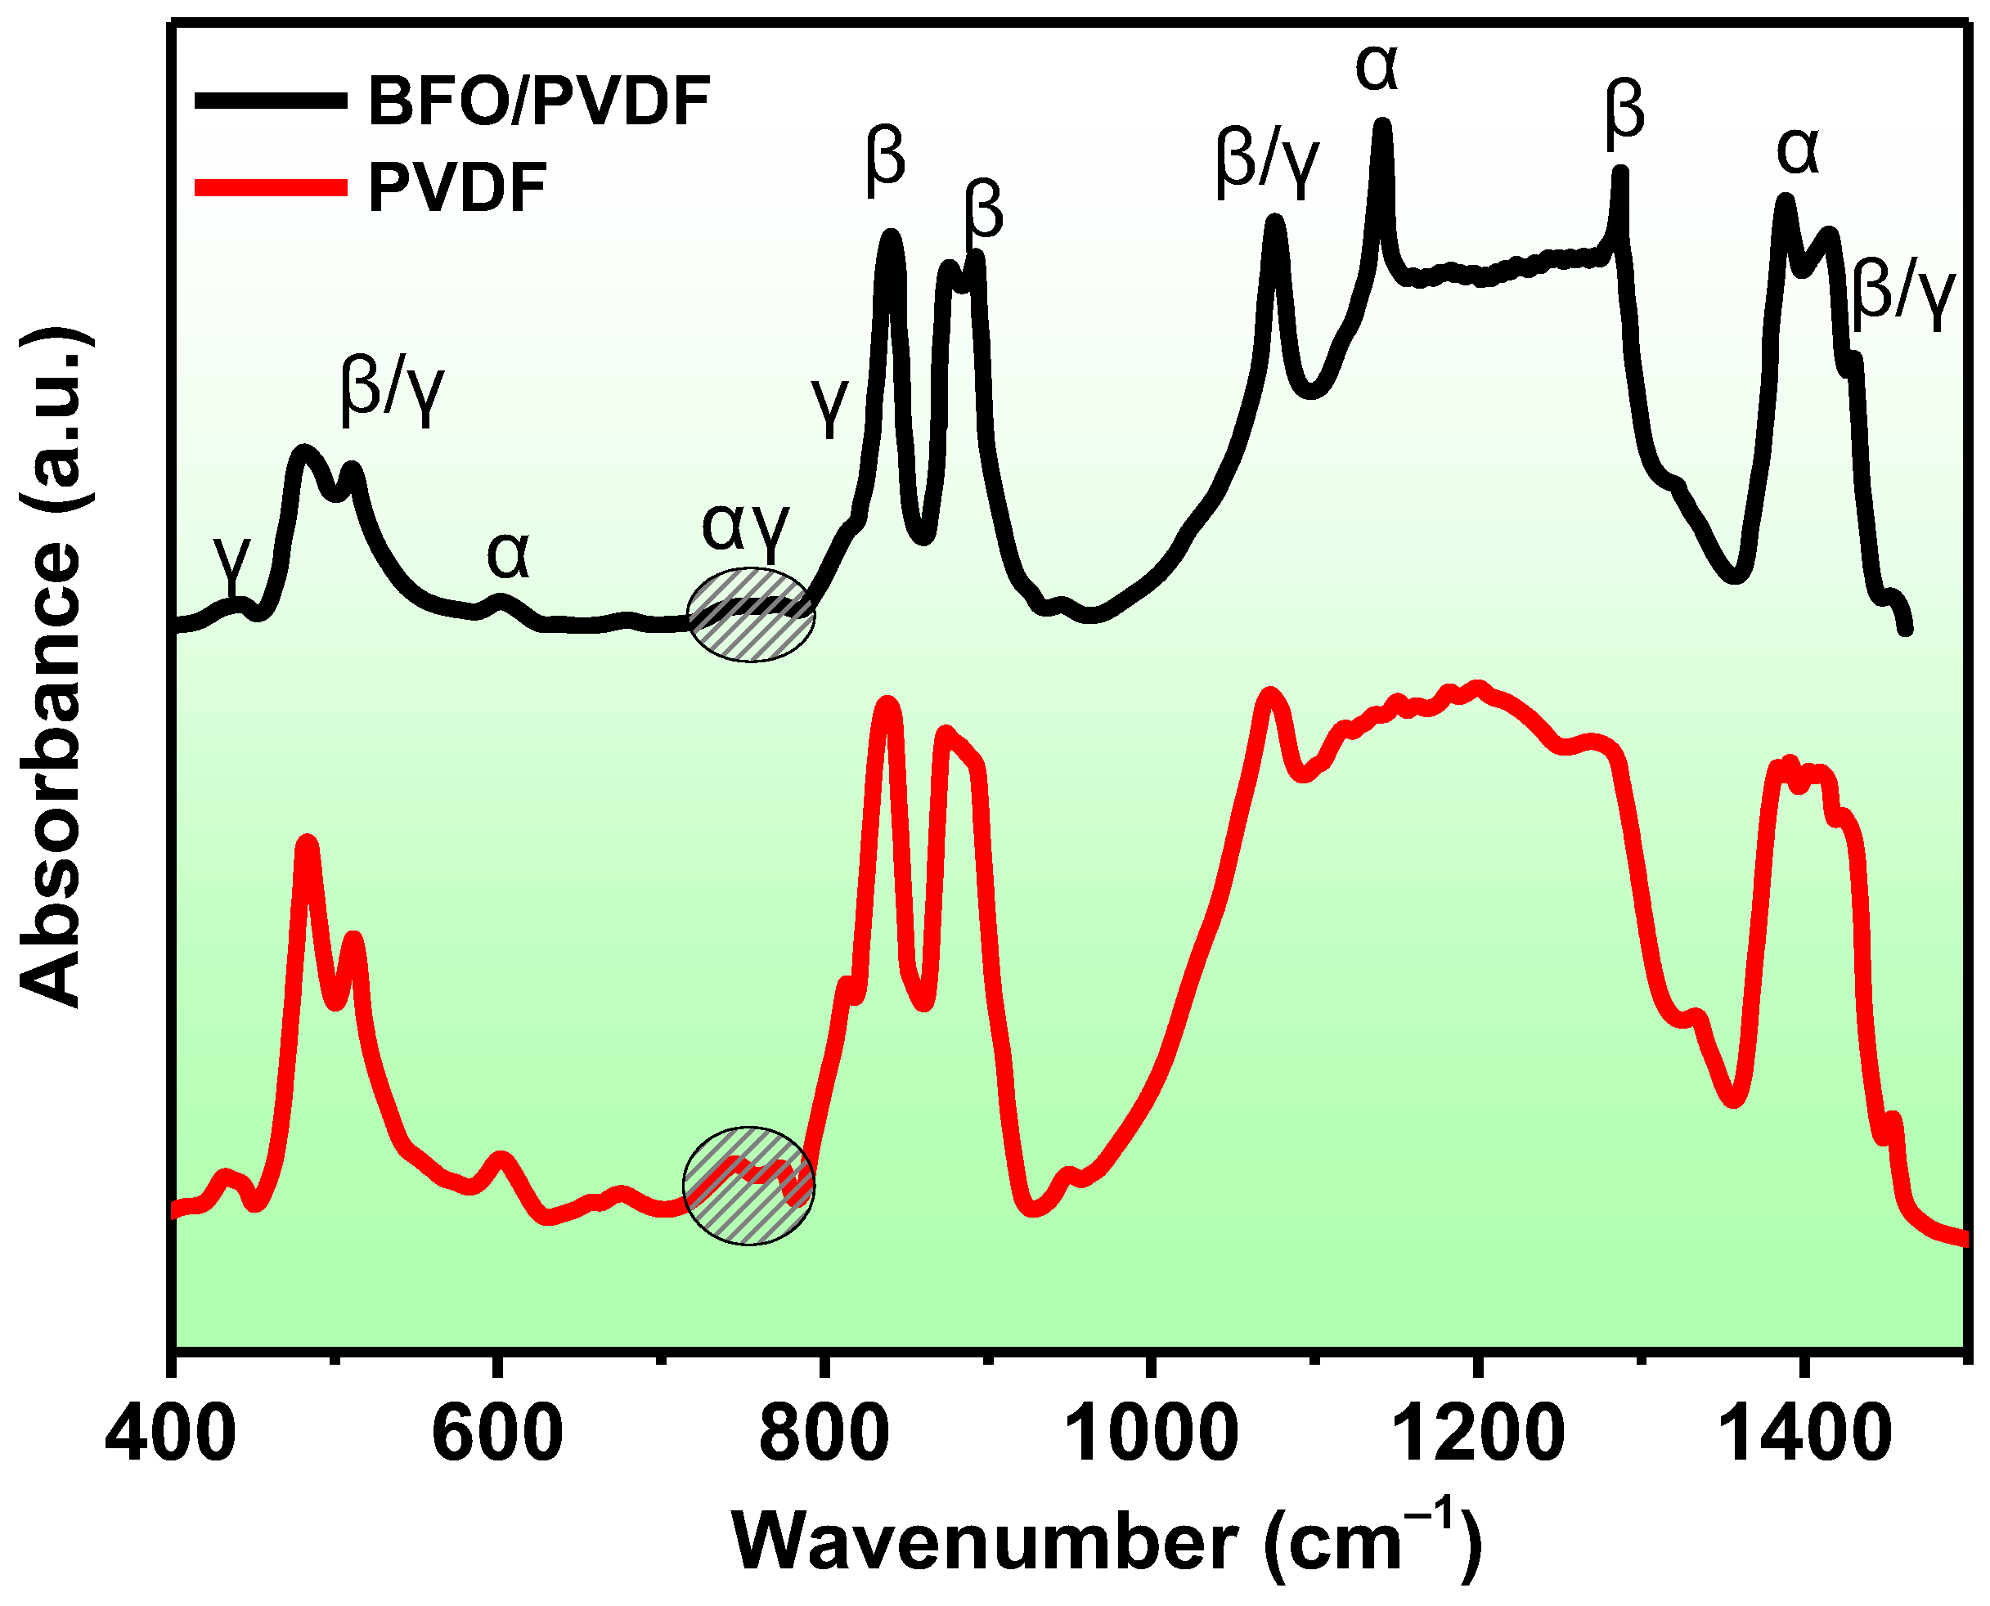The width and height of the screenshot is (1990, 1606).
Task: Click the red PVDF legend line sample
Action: tap(270, 188)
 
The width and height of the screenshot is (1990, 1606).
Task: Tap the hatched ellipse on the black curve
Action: tap(750, 614)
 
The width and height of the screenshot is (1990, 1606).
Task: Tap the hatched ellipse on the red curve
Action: tap(748, 1185)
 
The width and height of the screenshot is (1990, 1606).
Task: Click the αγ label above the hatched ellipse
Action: tap(746, 527)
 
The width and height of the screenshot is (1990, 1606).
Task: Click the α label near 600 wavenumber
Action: tap(508, 555)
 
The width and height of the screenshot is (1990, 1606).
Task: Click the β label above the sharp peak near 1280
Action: tap(1624, 111)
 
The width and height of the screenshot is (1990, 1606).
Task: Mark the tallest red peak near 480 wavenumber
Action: tap(306, 844)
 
